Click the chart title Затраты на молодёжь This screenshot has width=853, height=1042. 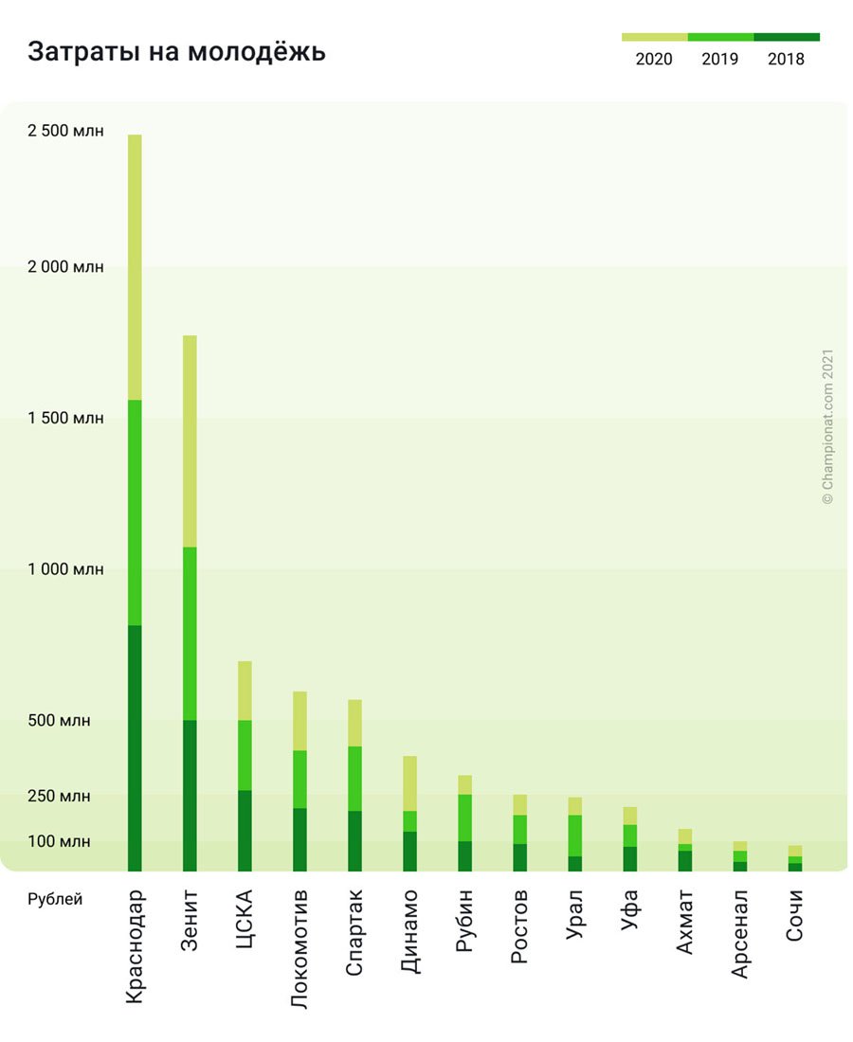[176, 52]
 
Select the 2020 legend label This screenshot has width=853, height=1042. [654, 60]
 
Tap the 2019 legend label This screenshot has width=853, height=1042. [720, 60]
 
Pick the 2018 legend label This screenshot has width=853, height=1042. [786, 60]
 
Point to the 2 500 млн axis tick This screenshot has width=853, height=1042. [65, 131]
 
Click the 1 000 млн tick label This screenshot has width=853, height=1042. [65, 569]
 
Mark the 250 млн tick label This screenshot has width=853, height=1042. [59, 797]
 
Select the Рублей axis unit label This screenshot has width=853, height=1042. [55, 899]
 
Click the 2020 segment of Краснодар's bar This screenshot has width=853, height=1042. [135, 267]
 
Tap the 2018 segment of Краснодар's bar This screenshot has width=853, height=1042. [135, 748]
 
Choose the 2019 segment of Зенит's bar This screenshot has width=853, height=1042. [190, 634]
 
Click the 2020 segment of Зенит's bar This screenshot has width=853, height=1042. [190, 441]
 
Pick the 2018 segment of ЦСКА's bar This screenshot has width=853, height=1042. [245, 830]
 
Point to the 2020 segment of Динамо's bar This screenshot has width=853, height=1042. [409, 783]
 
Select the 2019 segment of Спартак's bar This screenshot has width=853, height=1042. [354, 779]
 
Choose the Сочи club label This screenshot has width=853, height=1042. [794, 915]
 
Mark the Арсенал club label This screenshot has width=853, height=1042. [739, 933]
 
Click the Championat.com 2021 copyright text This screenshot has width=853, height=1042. [827, 426]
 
